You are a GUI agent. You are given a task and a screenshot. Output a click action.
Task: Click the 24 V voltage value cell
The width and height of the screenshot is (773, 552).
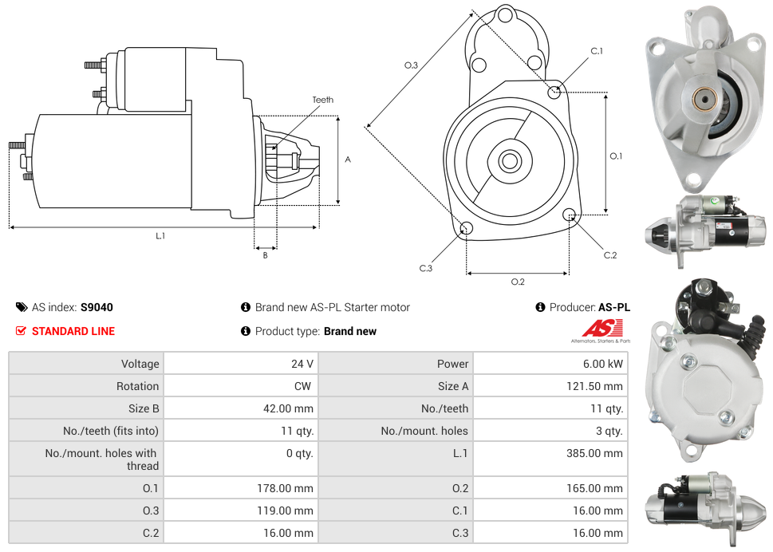coord(302,364)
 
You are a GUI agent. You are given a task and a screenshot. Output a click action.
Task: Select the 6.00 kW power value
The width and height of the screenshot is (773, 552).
coord(604,364)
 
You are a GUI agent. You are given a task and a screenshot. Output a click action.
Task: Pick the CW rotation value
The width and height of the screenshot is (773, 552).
coord(305,386)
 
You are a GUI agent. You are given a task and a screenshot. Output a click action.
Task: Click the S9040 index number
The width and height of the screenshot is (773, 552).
coord(97,307)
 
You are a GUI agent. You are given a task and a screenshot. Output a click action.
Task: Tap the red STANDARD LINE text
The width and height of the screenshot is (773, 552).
coord(73,331)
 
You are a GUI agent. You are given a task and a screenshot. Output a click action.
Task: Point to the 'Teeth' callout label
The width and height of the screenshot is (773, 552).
coord(323,100)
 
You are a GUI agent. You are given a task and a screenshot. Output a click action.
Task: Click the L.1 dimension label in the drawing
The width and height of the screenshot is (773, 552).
coord(160,236)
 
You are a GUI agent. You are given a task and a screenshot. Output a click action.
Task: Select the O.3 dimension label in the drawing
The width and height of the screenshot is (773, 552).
coord(411,65)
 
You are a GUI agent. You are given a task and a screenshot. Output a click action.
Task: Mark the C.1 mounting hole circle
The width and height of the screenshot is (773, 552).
coord(554,92)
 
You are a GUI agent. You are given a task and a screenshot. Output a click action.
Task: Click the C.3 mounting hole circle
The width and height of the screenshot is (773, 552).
coord(467,230)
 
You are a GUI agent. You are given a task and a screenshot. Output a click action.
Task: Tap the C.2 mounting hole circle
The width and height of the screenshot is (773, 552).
coord(570,215)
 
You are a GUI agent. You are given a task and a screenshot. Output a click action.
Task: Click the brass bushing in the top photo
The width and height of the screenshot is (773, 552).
coord(703,100)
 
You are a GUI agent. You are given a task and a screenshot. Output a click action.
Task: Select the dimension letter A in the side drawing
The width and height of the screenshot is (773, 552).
coord(348,160)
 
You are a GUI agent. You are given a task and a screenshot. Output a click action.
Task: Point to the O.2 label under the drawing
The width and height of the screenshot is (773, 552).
coord(518,282)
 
